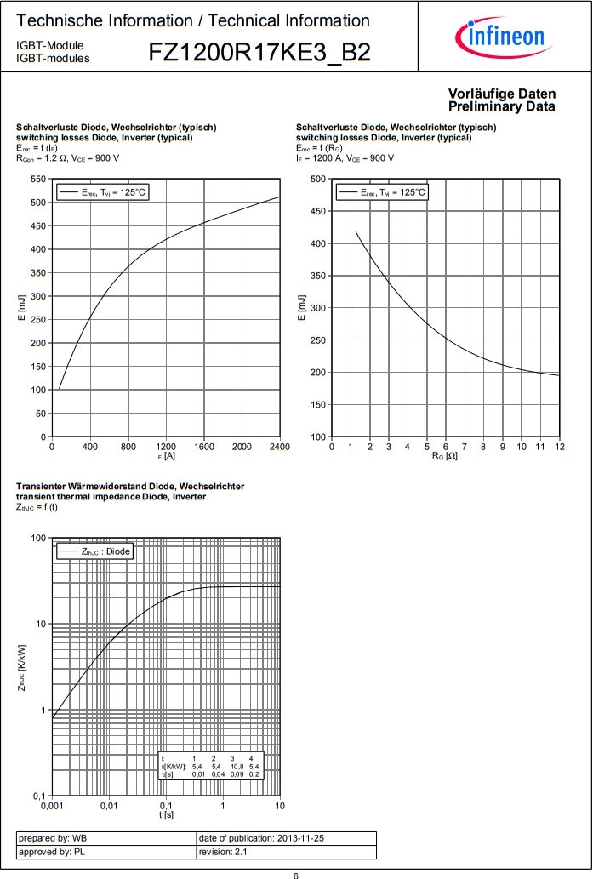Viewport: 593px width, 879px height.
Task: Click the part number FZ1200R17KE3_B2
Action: pos(259,53)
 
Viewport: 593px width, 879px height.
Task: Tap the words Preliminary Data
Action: pos(502,106)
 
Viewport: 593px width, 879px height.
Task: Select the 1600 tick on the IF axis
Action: pos(203,447)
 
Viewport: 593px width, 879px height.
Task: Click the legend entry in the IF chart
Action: pos(102,193)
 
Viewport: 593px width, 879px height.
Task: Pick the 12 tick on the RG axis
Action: pos(559,447)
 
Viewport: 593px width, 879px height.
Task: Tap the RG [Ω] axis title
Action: pos(445,457)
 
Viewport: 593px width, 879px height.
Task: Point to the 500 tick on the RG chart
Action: pos(318,179)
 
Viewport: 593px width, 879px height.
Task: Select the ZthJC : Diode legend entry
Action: pos(94,552)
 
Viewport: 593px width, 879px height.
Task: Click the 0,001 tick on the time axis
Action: pos(52,805)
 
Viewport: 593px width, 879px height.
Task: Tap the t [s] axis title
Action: pos(166,814)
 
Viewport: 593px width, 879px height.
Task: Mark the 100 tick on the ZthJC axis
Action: pos(38,538)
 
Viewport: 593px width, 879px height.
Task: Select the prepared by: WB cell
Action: pos(105,838)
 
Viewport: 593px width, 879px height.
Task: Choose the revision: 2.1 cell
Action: pos(285,852)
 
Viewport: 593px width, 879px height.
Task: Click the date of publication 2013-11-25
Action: pos(285,838)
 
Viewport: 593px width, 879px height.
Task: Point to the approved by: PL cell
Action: pos(105,852)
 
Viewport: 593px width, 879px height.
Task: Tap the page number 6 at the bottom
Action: pos(296,874)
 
